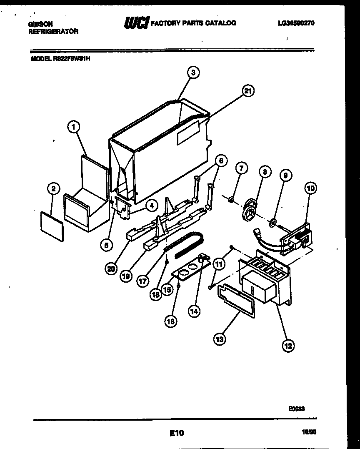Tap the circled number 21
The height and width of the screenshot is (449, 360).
point(248,91)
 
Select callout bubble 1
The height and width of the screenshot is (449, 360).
point(73,127)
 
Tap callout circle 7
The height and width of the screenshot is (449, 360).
point(241,168)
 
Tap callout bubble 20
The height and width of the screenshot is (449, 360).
point(110,269)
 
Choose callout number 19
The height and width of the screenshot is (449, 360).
point(125,275)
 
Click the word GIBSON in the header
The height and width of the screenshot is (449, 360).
point(40,25)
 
